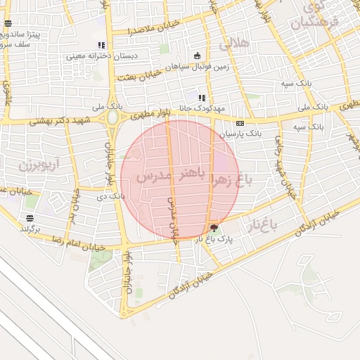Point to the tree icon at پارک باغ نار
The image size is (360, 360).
tap(214, 228)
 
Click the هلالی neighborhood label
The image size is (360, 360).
tap(234, 43)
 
